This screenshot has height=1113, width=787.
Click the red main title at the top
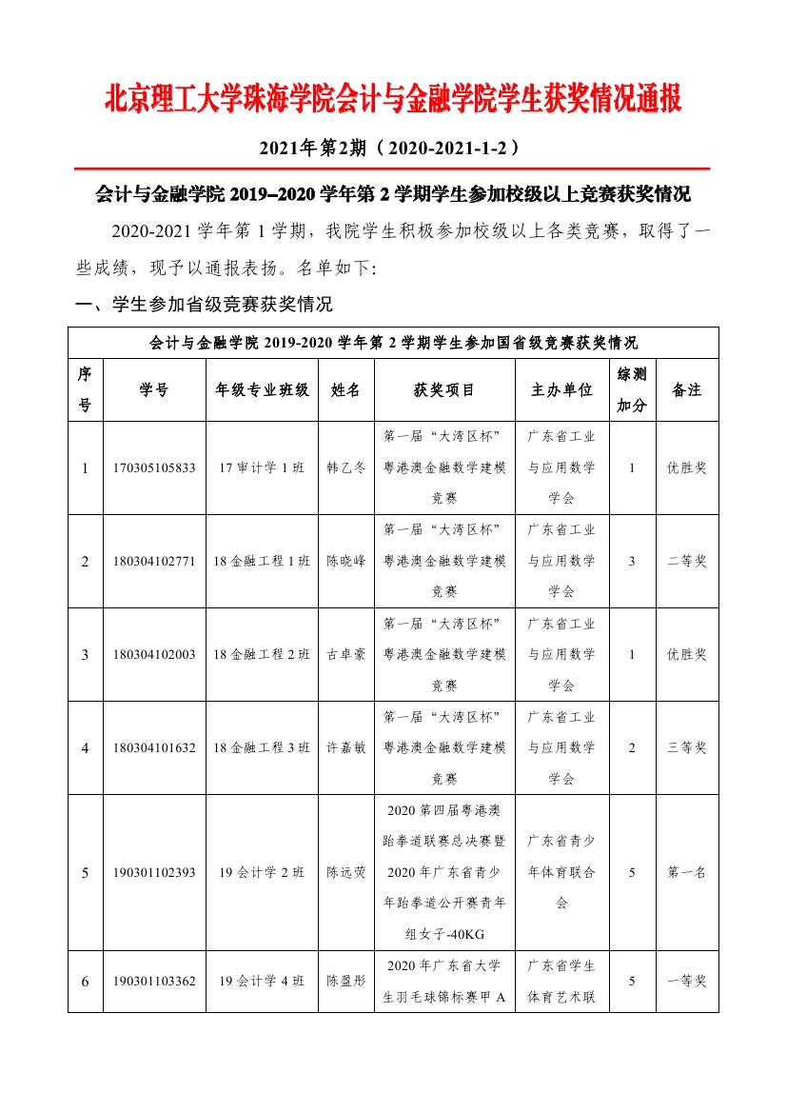(x=392, y=99)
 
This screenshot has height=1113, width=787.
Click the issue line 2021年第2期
(x=392, y=149)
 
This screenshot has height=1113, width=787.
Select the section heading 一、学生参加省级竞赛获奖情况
(x=204, y=305)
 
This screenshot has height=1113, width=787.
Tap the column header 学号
(x=153, y=389)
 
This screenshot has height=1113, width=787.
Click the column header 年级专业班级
(x=262, y=389)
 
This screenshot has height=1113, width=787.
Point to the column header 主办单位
(x=561, y=389)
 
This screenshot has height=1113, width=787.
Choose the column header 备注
(x=686, y=389)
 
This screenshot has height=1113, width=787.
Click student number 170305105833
(x=153, y=468)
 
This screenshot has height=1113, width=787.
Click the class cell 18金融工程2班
(x=262, y=655)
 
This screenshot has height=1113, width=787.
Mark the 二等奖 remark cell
(x=686, y=562)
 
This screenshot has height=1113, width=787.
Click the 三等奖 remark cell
(x=686, y=748)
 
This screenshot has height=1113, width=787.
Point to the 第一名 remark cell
(x=686, y=872)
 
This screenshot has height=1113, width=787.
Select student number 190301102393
(x=153, y=872)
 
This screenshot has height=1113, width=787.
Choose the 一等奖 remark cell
(x=686, y=981)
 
